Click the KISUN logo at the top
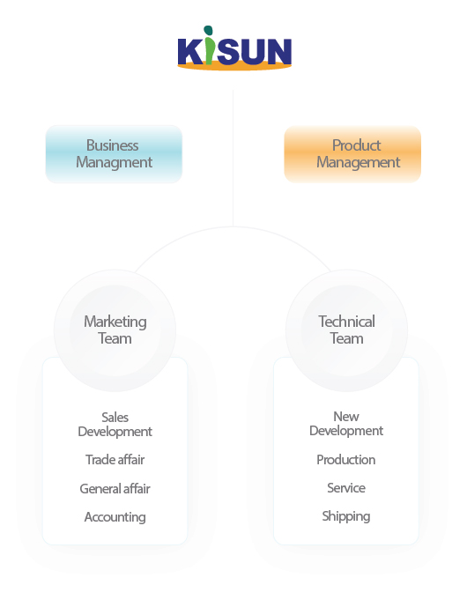pos(234,48)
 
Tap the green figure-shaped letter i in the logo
pos(209,45)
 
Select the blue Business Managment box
pos(114,154)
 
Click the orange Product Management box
pos(352,154)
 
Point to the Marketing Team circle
pos(115,330)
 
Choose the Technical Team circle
pos(346,330)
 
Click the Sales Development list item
pos(115,425)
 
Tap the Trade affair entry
pos(115,460)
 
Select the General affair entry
pos(115,489)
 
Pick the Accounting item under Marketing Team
pos(115,517)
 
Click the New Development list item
pos(346,424)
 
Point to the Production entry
pos(346,460)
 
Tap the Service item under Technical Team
pos(346,488)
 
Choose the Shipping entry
pos(346,516)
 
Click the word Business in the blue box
pos(113,145)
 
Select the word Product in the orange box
pos(356,145)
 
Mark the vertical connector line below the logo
pos(233,158)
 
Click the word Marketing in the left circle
pos(115,322)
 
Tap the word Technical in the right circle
pos(347,322)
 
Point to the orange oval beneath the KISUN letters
pos(234,67)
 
